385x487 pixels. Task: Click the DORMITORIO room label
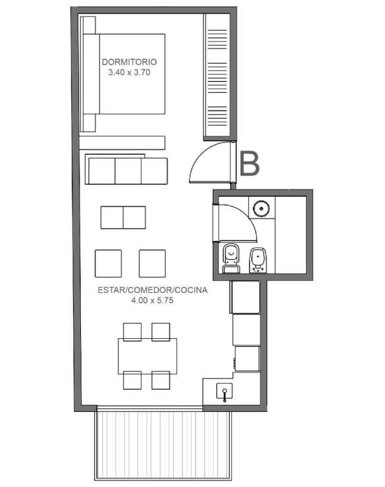pyautogui.click(x=129, y=62)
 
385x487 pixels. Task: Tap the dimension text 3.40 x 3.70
pyautogui.click(x=129, y=72)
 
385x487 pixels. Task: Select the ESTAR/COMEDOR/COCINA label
pyautogui.click(x=153, y=290)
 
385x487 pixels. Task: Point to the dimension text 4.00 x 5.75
pyautogui.click(x=152, y=300)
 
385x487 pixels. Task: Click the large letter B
pyautogui.click(x=249, y=164)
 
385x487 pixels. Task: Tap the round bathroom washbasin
pyautogui.click(x=261, y=208)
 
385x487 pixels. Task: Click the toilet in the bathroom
pyautogui.click(x=231, y=259)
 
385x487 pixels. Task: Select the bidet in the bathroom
pyautogui.click(x=259, y=260)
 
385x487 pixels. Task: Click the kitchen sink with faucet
pyautogui.click(x=224, y=392)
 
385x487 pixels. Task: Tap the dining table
pyautogui.click(x=147, y=356)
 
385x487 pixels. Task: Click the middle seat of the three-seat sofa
pyautogui.click(x=128, y=171)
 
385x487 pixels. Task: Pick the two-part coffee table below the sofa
pyautogui.click(x=123, y=217)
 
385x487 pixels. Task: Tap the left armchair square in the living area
pyautogui.click(x=109, y=263)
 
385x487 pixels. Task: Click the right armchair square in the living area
pyautogui.click(x=152, y=263)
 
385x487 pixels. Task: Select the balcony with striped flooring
pyautogui.click(x=163, y=446)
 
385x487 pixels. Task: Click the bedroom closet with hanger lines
pyautogui.click(x=217, y=76)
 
